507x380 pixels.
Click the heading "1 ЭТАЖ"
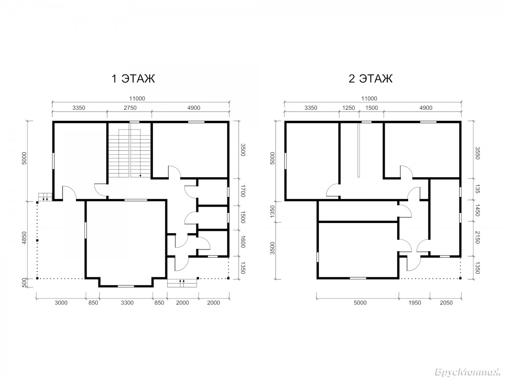coord(133,79)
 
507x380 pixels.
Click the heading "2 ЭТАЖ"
coord(370,79)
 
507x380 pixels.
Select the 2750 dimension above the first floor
coord(130,108)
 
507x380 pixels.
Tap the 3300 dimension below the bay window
coord(127,303)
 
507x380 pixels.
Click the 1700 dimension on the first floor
coord(243,191)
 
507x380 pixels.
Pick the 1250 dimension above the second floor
coord(348,108)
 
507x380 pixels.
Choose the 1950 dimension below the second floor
coord(414,303)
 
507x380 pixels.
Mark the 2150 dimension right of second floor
coord(477,237)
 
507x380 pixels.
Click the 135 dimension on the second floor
coord(477,189)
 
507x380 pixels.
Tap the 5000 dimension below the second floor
coord(360,303)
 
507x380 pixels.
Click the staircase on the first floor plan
coord(130,153)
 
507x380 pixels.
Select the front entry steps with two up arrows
coord(182,283)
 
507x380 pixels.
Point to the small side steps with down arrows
coord(45,197)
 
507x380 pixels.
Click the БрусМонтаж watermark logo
coord(468,372)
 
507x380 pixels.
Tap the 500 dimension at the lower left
coord(25,283)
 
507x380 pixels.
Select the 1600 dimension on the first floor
coord(243,242)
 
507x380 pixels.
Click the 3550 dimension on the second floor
coord(477,153)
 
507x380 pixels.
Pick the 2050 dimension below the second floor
coord(446,303)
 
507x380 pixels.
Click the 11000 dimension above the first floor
coord(137,98)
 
